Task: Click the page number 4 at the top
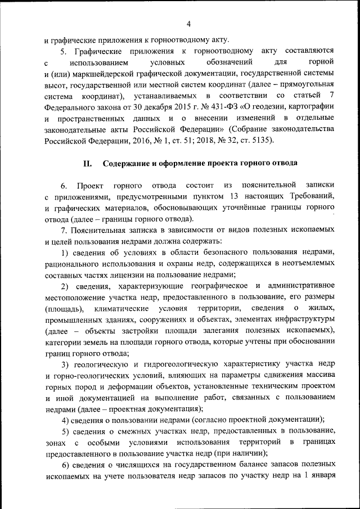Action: (x=189, y=23)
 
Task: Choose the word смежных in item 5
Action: (x=126, y=431)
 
